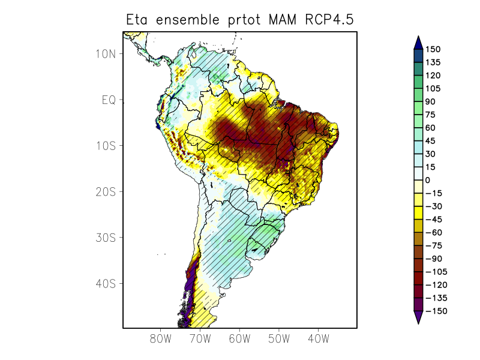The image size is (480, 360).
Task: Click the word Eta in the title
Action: click(x=137, y=20)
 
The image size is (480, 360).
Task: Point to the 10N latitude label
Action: click(x=105, y=53)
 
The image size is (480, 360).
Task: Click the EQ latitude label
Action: click(x=108, y=100)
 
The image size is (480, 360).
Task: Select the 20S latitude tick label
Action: click(x=105, y=191)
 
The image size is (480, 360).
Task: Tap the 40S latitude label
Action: click(x=105, y=283)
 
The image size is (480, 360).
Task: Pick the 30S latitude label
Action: click(x=105, y=238)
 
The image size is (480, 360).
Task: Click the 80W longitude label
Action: click(x=161, y=338)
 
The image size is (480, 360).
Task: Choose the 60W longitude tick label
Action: click(x=239, y=338)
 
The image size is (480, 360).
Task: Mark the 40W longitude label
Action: click(x=318, y=338)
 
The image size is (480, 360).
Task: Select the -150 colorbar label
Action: click(x=436, y=311)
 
